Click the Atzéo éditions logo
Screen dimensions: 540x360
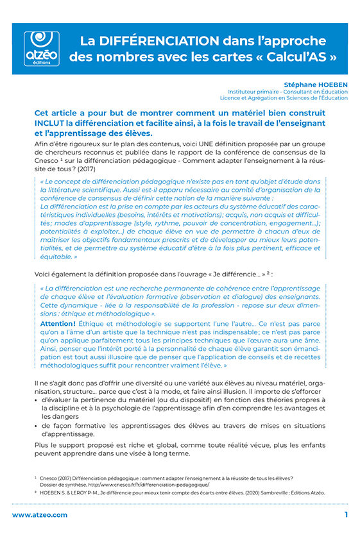(x=40, y=48)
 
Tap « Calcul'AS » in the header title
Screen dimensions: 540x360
(x=290, y=56)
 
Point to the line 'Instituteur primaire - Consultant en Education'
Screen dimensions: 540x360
(x=287, y=92)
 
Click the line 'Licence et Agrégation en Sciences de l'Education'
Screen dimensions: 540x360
(x=284, y=98)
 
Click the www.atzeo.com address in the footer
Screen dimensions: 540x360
(x=39, y=515)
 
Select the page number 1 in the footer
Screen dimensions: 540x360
(x=346, y=515)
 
